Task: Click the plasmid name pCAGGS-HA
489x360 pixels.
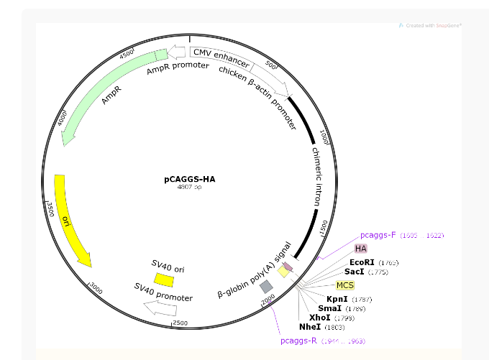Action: pos(189,179)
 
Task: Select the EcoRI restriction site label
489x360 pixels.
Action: pos(363,263)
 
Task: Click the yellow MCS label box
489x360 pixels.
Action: pos(345,285)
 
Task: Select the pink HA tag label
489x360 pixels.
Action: pos(361,248)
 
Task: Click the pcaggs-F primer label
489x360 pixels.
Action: pos(378,235)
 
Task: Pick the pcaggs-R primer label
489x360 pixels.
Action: pos(298,340)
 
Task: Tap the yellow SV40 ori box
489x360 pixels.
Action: pos(164,279)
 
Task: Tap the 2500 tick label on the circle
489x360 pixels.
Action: pos(180,323)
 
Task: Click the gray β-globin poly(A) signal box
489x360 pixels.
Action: pos(266,286)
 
